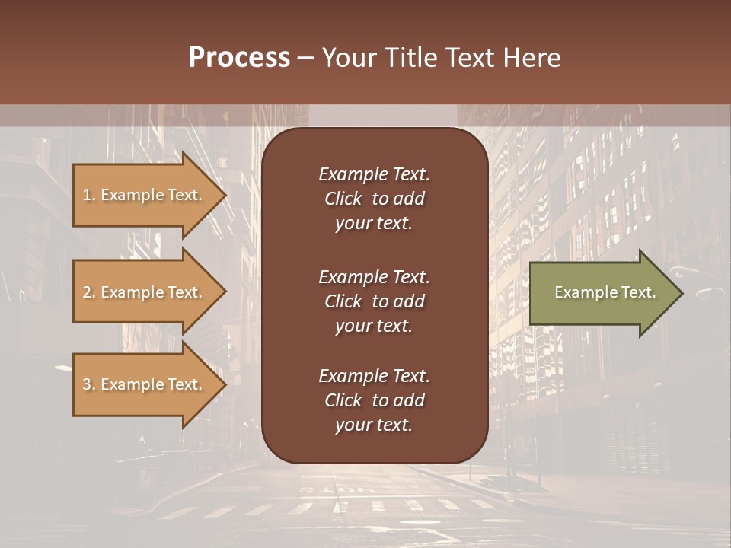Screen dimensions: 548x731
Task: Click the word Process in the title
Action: pyautogui.click(x=239, y=58)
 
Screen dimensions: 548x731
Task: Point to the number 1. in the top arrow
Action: pyautogui.click(x=89, y=195)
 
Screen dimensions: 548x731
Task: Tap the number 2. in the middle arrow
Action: pyautogui.click(x=89, y=292)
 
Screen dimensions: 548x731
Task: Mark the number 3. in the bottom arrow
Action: pyautogui.click(x=89, y=384)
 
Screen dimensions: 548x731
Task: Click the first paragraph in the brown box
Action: pyautogui.click(x=374, y=199)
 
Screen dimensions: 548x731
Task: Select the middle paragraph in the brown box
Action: pyautogui.click(x=374, y=301)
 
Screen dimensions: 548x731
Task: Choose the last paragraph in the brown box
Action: pyautogui.click(x=374, y=400)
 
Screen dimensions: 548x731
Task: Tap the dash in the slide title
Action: pyautogui.click(x=305, y=58)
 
